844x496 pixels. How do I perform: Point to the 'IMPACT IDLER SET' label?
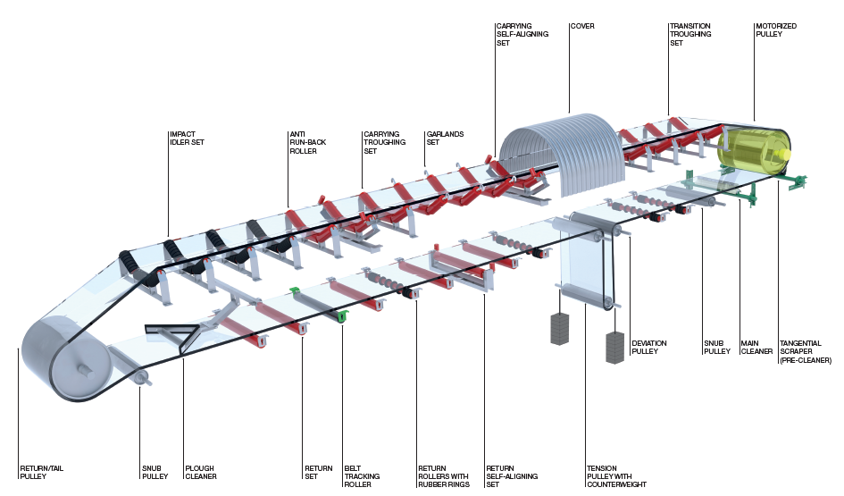(x=188, y=138)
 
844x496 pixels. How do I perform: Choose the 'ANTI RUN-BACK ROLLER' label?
(x=303, y=143)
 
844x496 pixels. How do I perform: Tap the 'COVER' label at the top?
(x=581, y=26)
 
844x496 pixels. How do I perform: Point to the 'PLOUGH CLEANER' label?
(x=200, y=472)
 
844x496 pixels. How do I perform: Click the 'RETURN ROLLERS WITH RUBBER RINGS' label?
(x=443, y=476)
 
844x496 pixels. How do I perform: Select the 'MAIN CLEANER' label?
(x=756, y=347)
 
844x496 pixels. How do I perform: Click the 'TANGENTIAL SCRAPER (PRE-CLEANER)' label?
(x=805, y=351)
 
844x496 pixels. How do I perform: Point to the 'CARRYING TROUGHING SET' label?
(x=384, y=143)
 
